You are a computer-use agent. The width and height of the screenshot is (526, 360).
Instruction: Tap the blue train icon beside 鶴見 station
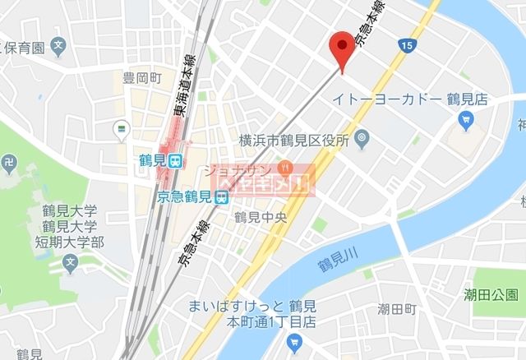(x=174, y=163)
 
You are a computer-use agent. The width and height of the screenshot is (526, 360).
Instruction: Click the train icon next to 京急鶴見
(x=220, y=197)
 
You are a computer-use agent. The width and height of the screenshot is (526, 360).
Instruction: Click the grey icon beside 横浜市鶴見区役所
(x=362, y=141)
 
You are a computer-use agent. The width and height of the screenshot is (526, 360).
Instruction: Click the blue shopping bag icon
(x=465, y=122)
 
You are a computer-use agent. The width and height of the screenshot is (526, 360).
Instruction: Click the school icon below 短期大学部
(x=70, y=264)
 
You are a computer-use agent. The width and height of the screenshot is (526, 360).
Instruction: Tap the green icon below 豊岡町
(x=122, y=127)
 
